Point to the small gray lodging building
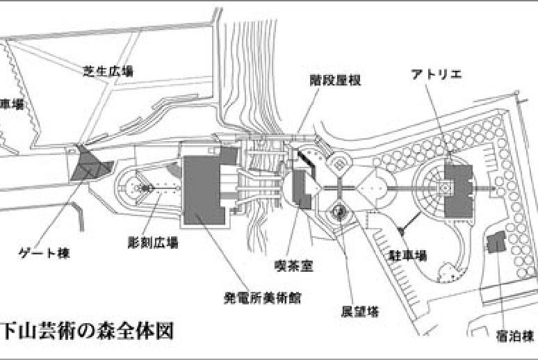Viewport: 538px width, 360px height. (496, 243)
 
